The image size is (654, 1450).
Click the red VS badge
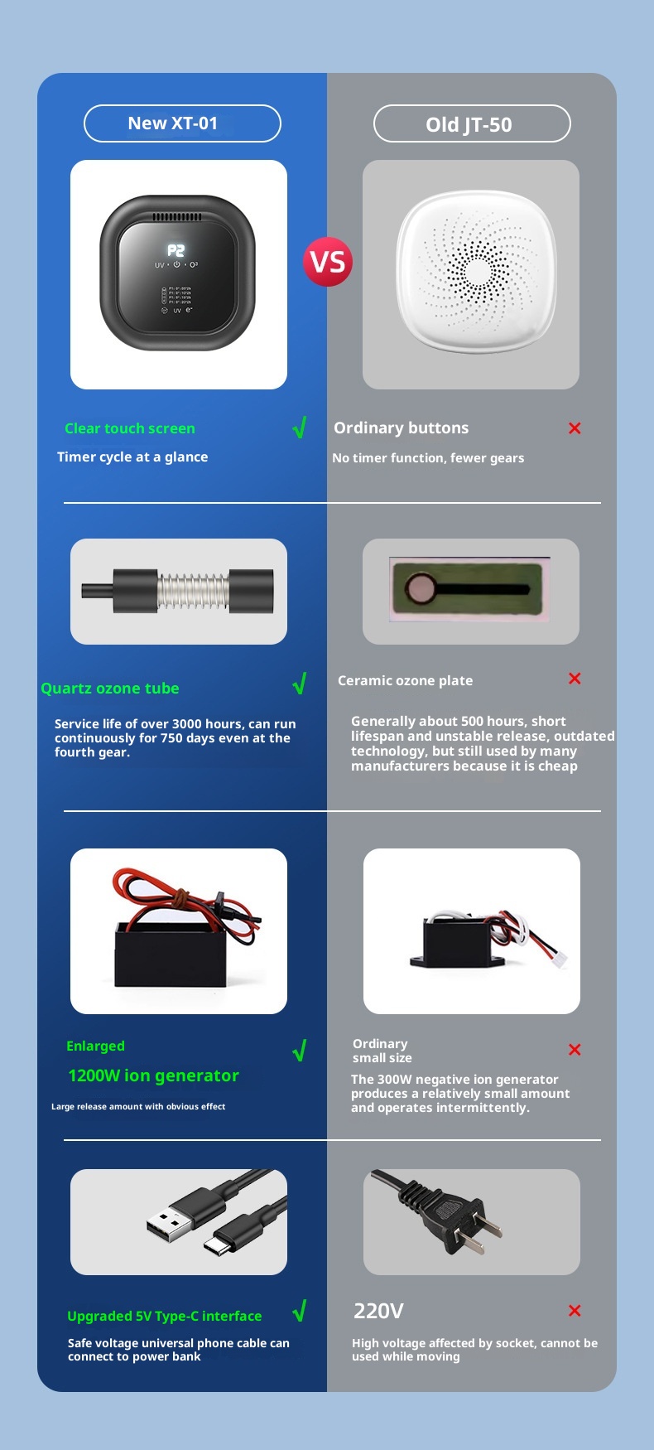(328, 262)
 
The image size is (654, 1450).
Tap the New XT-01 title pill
(182, 123)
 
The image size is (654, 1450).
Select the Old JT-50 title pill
(472, 124)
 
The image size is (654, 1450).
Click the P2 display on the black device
(176, 250)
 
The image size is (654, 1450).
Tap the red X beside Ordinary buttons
(575, 428)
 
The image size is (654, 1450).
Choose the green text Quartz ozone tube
(110, 689)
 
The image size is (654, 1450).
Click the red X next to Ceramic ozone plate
(575, 679)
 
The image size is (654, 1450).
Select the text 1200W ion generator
(153, 1075)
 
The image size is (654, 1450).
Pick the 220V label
(378, 1311)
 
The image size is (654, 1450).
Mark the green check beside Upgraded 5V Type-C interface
(300, 1311)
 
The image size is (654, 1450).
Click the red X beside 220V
(575, 1311)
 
